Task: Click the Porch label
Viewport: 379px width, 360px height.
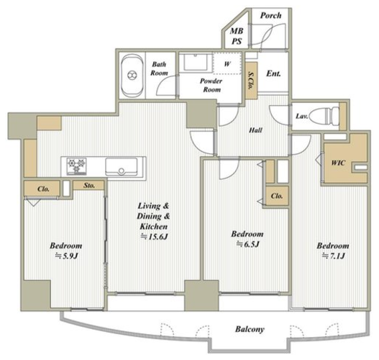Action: coord(270,16)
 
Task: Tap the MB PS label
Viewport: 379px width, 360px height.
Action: coord(237,36)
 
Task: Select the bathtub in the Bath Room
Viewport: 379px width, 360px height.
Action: coord(132,76)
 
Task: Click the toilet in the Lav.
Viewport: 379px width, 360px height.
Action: coord(324,115)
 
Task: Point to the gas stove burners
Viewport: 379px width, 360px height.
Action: coord(77,166)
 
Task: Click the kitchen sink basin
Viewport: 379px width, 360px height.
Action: coord(122,167)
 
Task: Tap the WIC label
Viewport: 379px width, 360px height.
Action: coord(338,163)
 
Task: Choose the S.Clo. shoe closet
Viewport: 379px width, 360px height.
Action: coord(251,81)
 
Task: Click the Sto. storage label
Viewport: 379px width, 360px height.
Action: coord(89,186)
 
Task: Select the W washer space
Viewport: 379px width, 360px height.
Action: coord(227,63)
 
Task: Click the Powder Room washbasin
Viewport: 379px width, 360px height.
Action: coord(196,62)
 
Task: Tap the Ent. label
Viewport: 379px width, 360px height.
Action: coord(273,73)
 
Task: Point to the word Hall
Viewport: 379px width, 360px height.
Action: coord(255,130)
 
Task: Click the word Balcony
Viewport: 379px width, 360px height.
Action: coord(250,329)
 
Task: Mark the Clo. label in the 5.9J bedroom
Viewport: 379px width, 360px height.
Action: coord(43,189)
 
